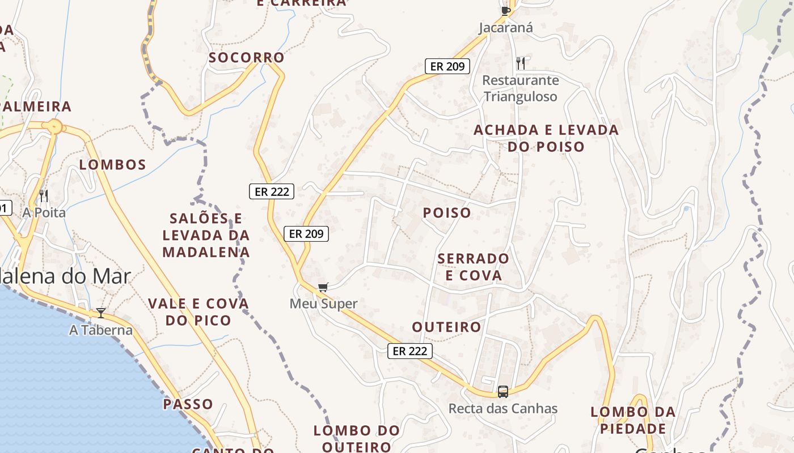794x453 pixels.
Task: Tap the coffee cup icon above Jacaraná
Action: point(505,10)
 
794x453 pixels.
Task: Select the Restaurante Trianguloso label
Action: point(521,88)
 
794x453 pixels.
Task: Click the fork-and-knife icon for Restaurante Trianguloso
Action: point(521,62)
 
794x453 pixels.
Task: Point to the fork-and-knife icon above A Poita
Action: point(44,196)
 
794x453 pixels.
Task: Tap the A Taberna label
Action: point(101,330)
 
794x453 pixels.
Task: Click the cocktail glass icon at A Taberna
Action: point(101,313)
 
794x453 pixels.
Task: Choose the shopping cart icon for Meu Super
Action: point(323,288)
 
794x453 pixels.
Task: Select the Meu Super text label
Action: point(323,304)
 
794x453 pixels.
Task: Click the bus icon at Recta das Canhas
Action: point(503,391)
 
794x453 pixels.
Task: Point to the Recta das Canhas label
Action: point(503,408)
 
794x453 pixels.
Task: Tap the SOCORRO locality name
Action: point(246,58)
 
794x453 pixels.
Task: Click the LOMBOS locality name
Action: point(113,165)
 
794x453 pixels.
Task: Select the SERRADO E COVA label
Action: point(474,267)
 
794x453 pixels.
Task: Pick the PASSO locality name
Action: point(188,404)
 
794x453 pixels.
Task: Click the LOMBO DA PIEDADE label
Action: point(633,420)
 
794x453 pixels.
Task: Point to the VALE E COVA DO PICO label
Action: point(198,312)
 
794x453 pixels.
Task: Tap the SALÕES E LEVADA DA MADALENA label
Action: point(206,235)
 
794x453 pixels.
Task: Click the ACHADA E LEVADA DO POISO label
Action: point(546,138)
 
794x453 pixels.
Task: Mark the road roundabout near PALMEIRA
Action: point(55,126)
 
